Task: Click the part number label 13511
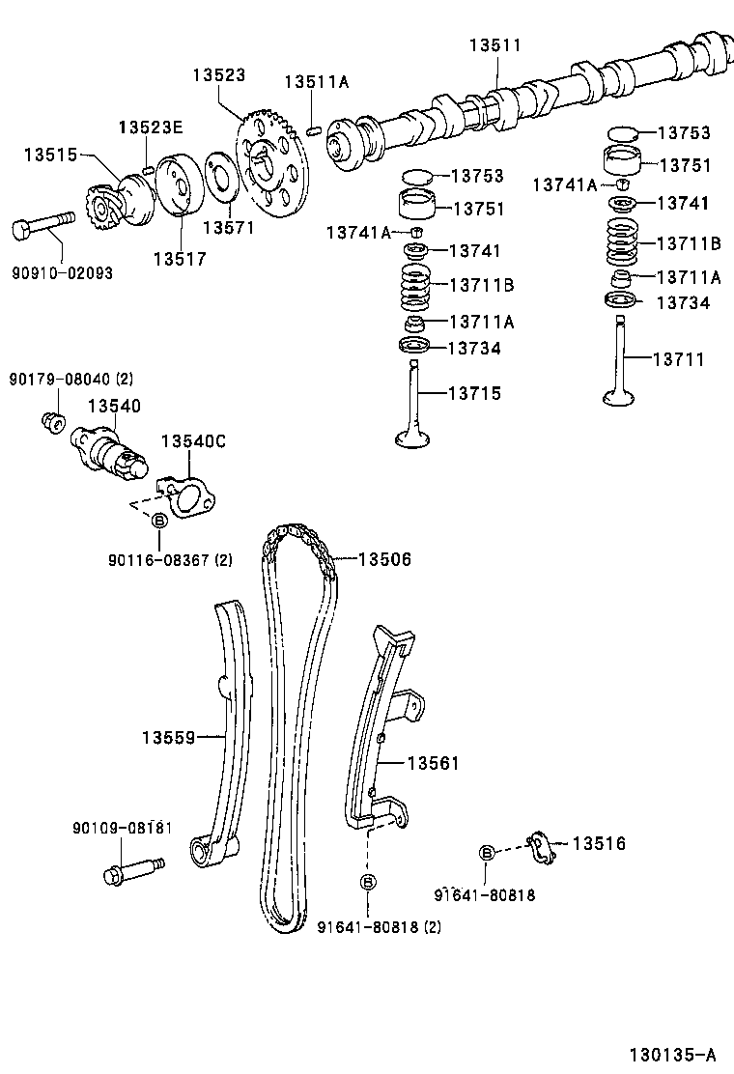pos(495,45)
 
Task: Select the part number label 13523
pos(217,74)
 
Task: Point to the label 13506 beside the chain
pos(384,558)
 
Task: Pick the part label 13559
pos(169,738)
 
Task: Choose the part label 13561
pos(433,764)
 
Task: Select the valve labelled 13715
pos(413,406)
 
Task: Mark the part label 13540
pos(115,407)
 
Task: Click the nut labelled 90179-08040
pos(54,422)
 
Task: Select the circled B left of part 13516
pos(488,852)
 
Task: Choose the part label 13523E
pos(151,127)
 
